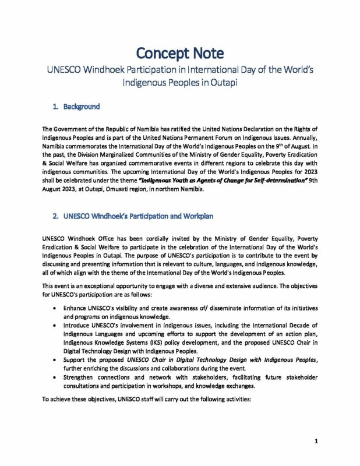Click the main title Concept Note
179,53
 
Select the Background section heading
83,107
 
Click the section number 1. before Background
57,107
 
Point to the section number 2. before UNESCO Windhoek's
57,216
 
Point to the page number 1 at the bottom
315,442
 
